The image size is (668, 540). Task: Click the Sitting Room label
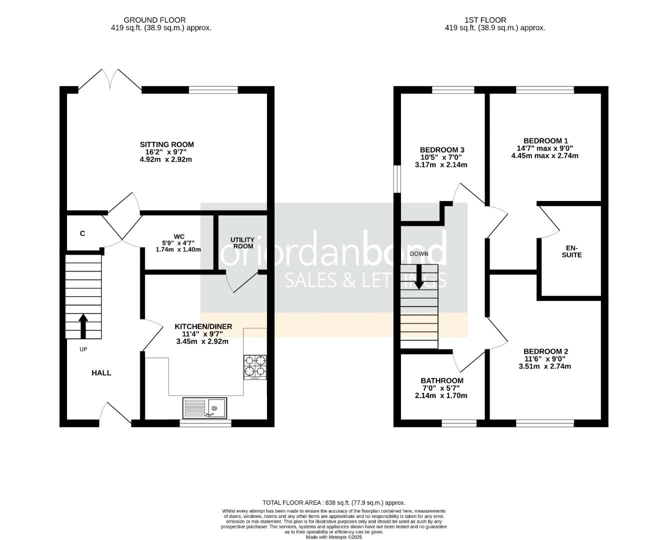pyautogui.click(x=166, y=144)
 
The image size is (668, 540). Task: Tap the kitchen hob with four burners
pyautogui.click(x=255, y=367)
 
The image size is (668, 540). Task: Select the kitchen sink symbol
pyautogui.click(x=204, y=407)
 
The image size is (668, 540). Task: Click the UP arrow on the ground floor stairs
pyautogui.click(x=83, y=325)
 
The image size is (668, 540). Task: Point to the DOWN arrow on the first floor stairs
pyautogui.click(x=419, y=276)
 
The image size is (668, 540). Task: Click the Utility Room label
pyautogui.click(x=242, y=243)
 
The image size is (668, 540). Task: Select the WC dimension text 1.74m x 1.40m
pyautogui.click(x=178, y=249)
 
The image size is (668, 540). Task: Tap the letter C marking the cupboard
pyautogui.click(x=82, y=233)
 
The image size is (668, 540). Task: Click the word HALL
pyautogui.click(x=101, y=373)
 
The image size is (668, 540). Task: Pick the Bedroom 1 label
pyautogui.click(x=545, y=141)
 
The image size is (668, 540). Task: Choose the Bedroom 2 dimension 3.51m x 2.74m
pyautogui.click(x=545, y=366)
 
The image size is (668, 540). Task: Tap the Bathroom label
pyautogui.click(x=442, y=380)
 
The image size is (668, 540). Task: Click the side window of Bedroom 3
pyautogui.click(x=397, y=179)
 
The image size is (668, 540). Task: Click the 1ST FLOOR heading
pyautogui.click(x=485, y=20)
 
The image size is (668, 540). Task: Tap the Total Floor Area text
pyautogui.click(x=333, y=502)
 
